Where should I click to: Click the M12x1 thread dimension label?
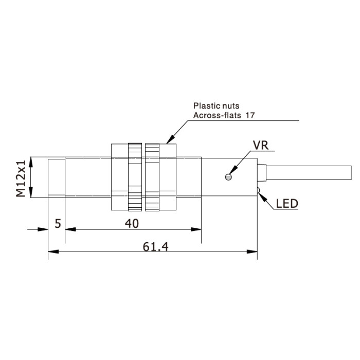click(21, 179)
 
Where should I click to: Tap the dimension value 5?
click(58, 223)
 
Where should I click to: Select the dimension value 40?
click(132, 223)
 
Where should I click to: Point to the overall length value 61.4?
click(155, 247)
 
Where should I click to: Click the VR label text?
click(261, 145)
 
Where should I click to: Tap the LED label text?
click(287, 204)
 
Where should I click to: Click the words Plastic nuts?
click(216, 106)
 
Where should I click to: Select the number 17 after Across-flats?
click(250, 115)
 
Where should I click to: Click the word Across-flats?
click(217, 115)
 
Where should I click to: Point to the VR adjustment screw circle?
click(228, 177)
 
